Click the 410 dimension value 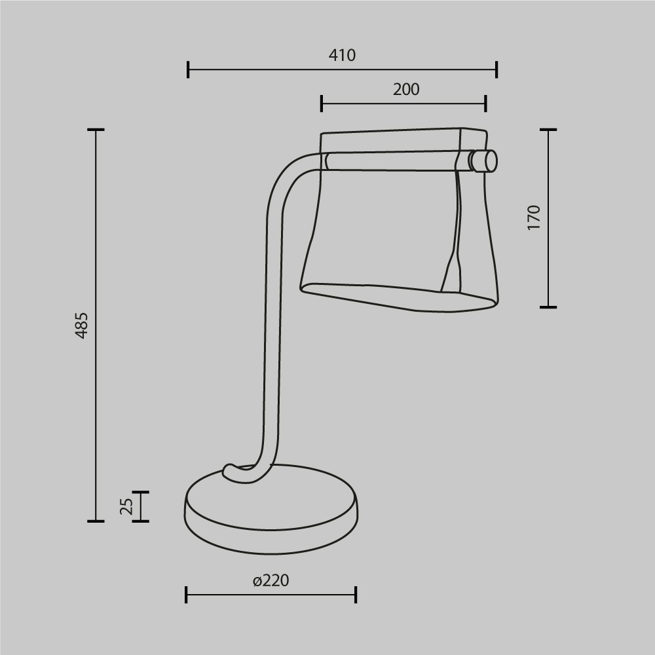coord(342,56)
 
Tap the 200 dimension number coord(406,90)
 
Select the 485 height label coord(81,325)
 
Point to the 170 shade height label coord(534,217)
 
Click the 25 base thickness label coord(127,506)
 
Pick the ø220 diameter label coord(271,580)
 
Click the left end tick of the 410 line coord(188,69)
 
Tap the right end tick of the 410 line coord(496,69)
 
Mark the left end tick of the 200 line coord(322,103)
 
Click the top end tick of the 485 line coord(96,130)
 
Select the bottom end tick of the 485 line coord(96,521)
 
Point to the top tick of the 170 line coord(548,130)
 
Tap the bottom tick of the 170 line coord(548,307)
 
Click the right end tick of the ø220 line coord(356,595)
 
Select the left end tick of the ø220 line coord(187,595)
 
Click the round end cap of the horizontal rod coord(485,160)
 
